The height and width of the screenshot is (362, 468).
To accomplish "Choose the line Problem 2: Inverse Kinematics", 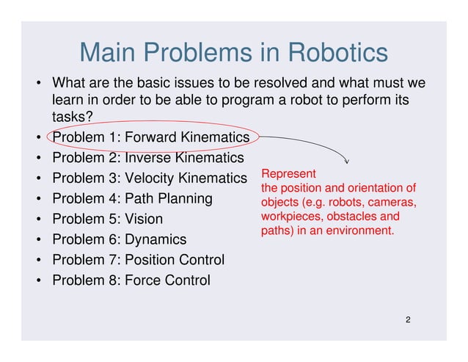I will click(147, 158).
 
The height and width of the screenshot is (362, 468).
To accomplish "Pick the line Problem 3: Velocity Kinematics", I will click(150, 178).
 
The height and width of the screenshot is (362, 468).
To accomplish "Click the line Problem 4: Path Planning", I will click(132, 199).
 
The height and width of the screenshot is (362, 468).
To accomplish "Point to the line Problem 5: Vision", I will click(107, 220).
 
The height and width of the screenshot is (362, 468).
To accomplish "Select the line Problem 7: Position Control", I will click(138, 260).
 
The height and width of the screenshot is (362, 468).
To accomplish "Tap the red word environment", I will click(361, 231).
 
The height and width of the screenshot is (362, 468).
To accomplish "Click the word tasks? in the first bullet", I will click(71, 117).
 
